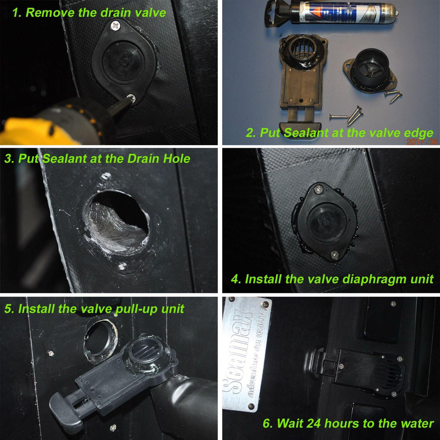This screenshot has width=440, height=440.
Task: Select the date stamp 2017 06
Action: [x=422, y=142]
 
